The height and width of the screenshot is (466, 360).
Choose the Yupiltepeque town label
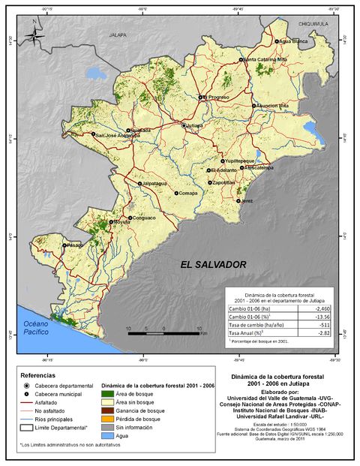click(239, 161)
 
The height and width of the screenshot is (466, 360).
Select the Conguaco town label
click(142, 218)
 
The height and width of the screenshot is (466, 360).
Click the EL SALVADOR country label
click(213, 266)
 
